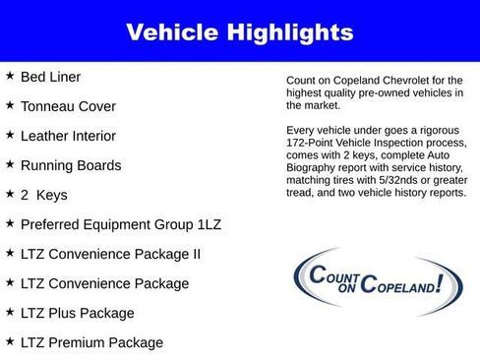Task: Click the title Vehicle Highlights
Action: tap(240, 32)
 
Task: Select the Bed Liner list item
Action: tap(51, 77)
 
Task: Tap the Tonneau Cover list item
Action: tap(68, 106)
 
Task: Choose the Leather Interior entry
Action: tap(68, 136)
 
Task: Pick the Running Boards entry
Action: tap(71, 165)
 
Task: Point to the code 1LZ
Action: tap(207, 224)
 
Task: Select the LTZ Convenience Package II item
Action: tap(110, 254)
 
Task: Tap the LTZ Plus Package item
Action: tap(77, 313)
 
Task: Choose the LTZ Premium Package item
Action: tap(91, 342)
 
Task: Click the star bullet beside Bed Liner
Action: tap(9, 76)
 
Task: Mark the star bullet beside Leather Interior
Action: tap(9, 135)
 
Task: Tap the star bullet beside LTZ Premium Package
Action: tap(9, 341)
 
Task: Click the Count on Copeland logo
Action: tap(371, 282)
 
